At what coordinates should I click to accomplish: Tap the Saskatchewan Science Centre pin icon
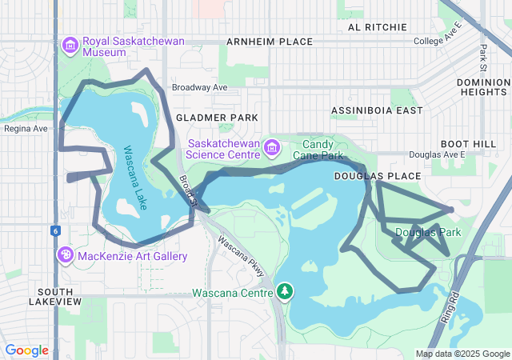[x=272, y=147]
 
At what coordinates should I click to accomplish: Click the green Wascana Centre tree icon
[x=284, y=290]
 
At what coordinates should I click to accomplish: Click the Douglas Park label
[x=428, y=233]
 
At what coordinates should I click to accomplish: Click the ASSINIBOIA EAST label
[x=376, y=110]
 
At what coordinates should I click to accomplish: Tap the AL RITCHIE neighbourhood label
[x=377, y=26]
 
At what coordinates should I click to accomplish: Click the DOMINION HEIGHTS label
[x=483, y=87]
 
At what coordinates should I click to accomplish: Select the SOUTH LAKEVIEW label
[x=54, y=296]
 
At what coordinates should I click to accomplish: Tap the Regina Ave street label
[x=26, y=128]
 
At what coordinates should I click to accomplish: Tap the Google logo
[x=26, y=350]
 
